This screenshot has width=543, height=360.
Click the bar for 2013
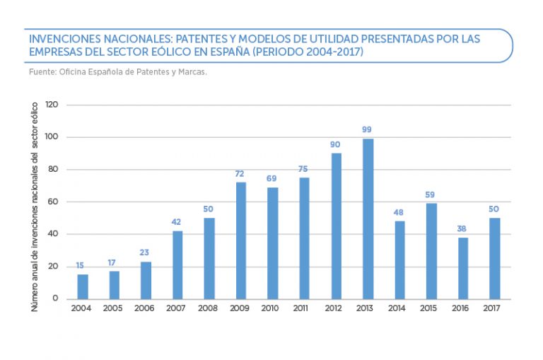point(368,219)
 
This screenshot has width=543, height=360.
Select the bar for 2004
point(83,286)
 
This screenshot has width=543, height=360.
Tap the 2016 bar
point(462,268)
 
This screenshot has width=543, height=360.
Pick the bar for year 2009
point(241,240)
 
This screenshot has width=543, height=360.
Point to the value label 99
point(366,130)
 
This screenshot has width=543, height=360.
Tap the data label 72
point(240,174)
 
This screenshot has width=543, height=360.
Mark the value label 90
point(335,144)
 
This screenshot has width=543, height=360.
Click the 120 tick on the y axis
point(51,105)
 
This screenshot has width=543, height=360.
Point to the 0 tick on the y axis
point(55,298)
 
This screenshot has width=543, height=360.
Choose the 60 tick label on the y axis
point(52,202)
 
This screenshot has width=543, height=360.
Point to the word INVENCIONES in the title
point(62,39)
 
